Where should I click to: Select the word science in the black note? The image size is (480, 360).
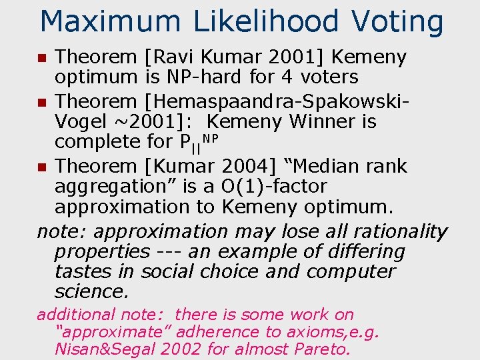click(x=90, y=291)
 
